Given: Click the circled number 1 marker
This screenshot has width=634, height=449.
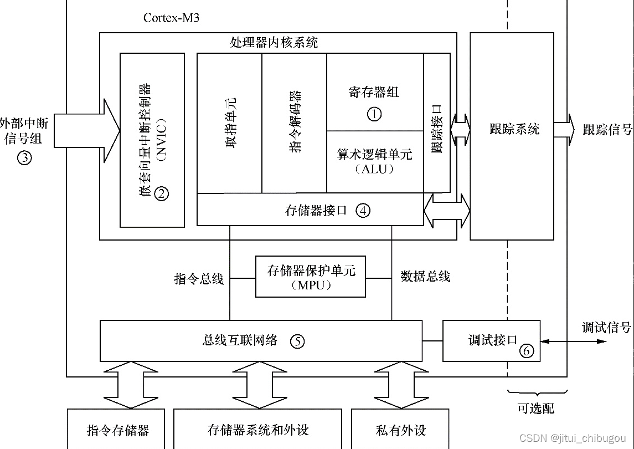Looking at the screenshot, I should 374,114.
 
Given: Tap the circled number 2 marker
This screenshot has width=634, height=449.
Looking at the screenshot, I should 161,193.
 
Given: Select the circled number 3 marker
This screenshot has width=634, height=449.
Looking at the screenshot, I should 24,157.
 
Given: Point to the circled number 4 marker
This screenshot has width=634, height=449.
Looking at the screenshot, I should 363,211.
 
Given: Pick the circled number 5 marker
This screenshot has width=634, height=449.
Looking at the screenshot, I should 297,341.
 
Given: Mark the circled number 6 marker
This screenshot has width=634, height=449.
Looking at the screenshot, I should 527,350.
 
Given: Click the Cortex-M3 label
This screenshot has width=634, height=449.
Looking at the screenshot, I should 171,18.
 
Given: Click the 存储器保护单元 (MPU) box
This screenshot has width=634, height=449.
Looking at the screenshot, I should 310,277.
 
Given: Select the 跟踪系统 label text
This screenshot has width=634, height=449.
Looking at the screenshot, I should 514,130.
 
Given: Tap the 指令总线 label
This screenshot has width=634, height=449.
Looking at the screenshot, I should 199,279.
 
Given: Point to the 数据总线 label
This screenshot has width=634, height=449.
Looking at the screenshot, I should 425,277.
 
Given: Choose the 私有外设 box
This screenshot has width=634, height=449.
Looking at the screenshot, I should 400,430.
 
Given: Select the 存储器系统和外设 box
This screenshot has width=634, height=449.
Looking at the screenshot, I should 258,430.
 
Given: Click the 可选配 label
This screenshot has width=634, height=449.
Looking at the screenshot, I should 535,409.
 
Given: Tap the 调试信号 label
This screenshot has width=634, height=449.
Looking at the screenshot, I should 606,328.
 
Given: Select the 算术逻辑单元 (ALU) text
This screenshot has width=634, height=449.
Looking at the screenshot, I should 375,161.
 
